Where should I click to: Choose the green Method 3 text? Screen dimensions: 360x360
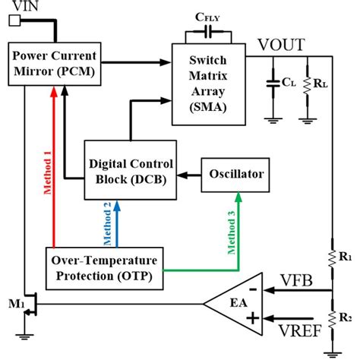(x=228, y=226)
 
